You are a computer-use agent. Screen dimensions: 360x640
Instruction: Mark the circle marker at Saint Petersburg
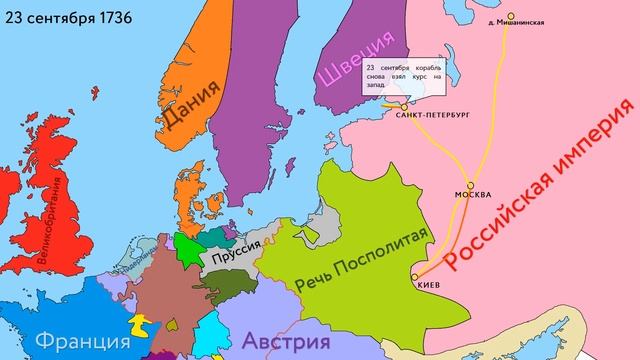coord(405,104)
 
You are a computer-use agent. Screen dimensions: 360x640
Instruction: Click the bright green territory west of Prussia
coord(186,246)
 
